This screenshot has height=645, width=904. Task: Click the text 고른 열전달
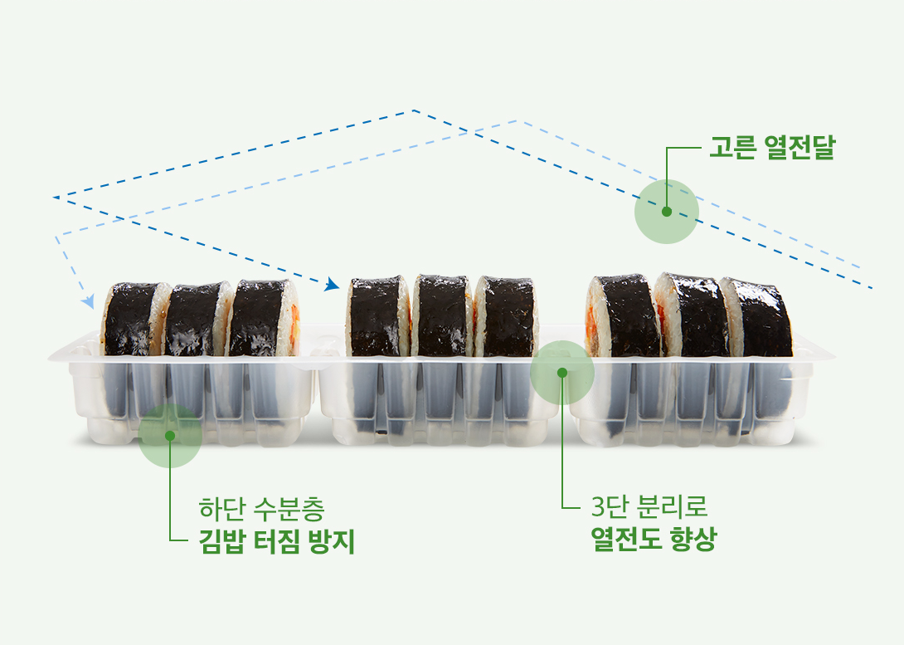point(770,149)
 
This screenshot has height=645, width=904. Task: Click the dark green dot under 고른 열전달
point(667,212)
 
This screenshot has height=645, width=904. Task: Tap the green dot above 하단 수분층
point(170,435)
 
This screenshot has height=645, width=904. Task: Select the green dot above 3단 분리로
point(562,373)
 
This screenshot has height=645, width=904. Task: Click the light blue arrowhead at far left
point(87,303)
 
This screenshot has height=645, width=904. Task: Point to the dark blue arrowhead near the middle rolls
point(333,285)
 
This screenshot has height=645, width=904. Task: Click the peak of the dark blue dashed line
point(413,110)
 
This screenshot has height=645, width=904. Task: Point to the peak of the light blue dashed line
point(517,120)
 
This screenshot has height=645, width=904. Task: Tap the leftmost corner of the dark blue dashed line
point(53,198)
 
